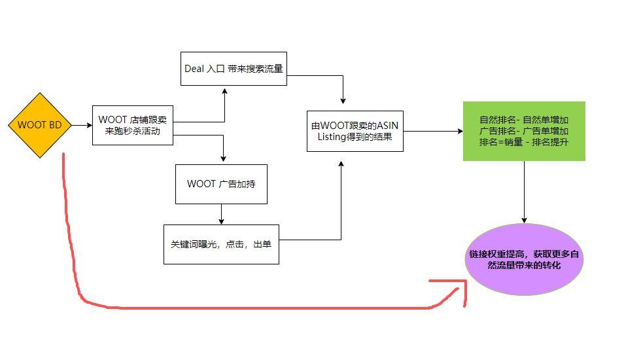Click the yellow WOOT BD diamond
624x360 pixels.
pyautogui.click(x=40, y=125)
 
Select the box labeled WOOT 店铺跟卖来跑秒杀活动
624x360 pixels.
pyautogui.click(x=133, y=125)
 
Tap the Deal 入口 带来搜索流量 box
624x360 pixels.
pyautogui.click(x=234, y=69)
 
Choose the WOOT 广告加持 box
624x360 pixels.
pyautogui.click(x=221, y=184)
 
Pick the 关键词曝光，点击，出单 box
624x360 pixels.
pyautogui.click(x=221, y=244)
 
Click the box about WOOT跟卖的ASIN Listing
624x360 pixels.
pyautogui.click(x=355, y=131)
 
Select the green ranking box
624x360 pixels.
pyautogui.click(x=523, y=131)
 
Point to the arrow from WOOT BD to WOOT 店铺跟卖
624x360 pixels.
pyautogui.click(x=81, y=125)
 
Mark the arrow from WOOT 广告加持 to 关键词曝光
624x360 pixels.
pyautogui.click(x=221, y=214)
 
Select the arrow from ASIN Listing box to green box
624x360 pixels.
pyautogui.click(x=432, y=131)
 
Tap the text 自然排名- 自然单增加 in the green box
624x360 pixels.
pyautogui.click(x=523, y=120)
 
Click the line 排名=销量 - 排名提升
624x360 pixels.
pyautogui.click(x=523, y=142)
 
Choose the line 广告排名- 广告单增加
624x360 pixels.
pyautogui.click(x=523, y=131)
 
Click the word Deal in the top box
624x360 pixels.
pyautogui.click(x=194, y=69)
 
